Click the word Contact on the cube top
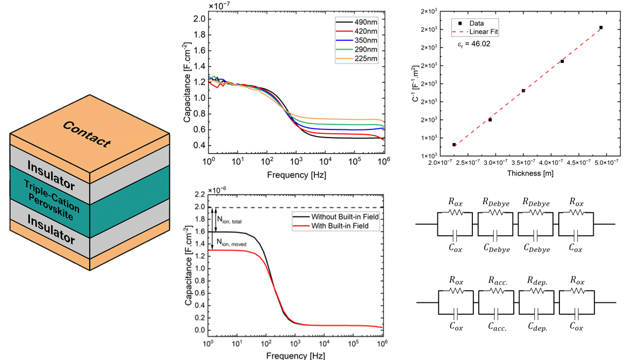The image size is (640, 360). (87, 134)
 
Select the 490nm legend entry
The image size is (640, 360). (365, 23)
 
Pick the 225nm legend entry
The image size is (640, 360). (365, 57)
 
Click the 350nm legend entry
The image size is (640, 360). (365, 40)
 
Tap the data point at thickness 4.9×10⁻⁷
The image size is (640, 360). (601, 27)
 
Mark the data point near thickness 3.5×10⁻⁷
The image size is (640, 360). (523, 91)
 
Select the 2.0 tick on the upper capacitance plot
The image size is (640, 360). (199, 19)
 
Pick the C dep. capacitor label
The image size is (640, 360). (538, 326)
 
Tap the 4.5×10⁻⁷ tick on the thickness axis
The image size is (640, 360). (576, 161)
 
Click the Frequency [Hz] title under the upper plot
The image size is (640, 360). (296, 175)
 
